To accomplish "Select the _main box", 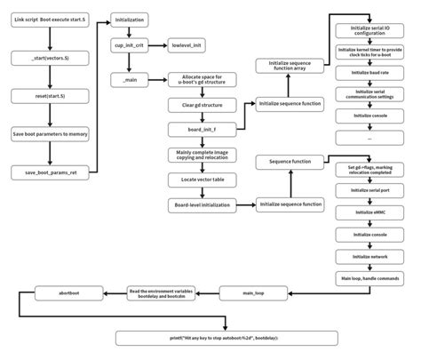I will tap(131, 80).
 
